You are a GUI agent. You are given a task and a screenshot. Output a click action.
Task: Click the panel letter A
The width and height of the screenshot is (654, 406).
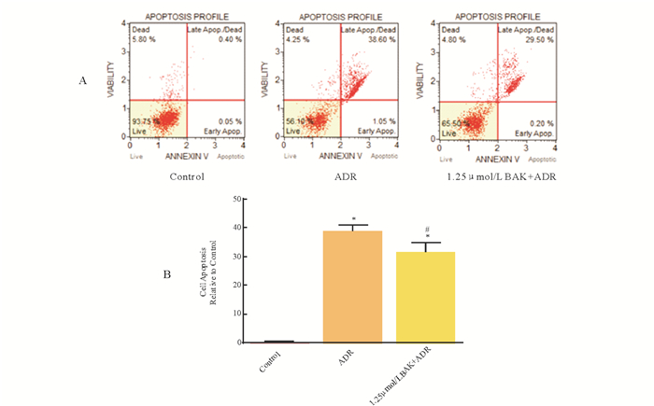point(83,81)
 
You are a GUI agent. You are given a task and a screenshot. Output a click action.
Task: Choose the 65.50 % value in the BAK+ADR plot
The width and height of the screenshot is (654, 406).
point(452,121)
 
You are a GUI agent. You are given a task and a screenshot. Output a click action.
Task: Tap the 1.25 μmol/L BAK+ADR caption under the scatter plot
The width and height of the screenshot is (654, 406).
point(496,175)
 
